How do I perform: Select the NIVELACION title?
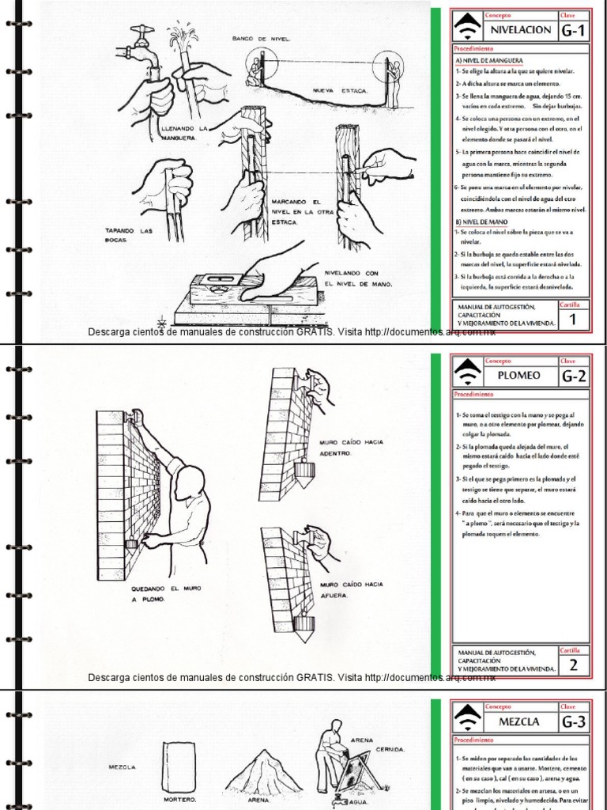(521, 30)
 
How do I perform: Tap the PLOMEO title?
(521, 376)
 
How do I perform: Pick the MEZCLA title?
(518, 721)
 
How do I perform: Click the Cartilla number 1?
(573, 320)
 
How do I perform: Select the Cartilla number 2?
(573, 665)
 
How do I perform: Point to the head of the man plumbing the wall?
(190, 482)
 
